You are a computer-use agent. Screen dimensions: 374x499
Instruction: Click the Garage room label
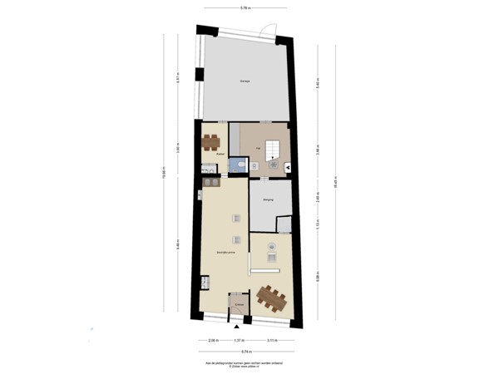[x=245, y=81]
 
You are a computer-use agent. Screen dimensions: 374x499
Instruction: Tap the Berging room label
[x=269, y=200]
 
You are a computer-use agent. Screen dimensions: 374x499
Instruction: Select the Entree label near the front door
[x=239, y=305]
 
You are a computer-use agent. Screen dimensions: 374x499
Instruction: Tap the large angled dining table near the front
[x=271, y=297]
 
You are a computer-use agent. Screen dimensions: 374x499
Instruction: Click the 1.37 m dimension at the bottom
[x=240, y=341]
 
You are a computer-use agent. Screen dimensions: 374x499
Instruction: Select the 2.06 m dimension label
[x=213, y=341]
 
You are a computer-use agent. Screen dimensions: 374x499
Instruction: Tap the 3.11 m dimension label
[x=271, y=341]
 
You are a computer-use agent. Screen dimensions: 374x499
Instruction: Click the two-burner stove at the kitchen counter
[x=205, y=283]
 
